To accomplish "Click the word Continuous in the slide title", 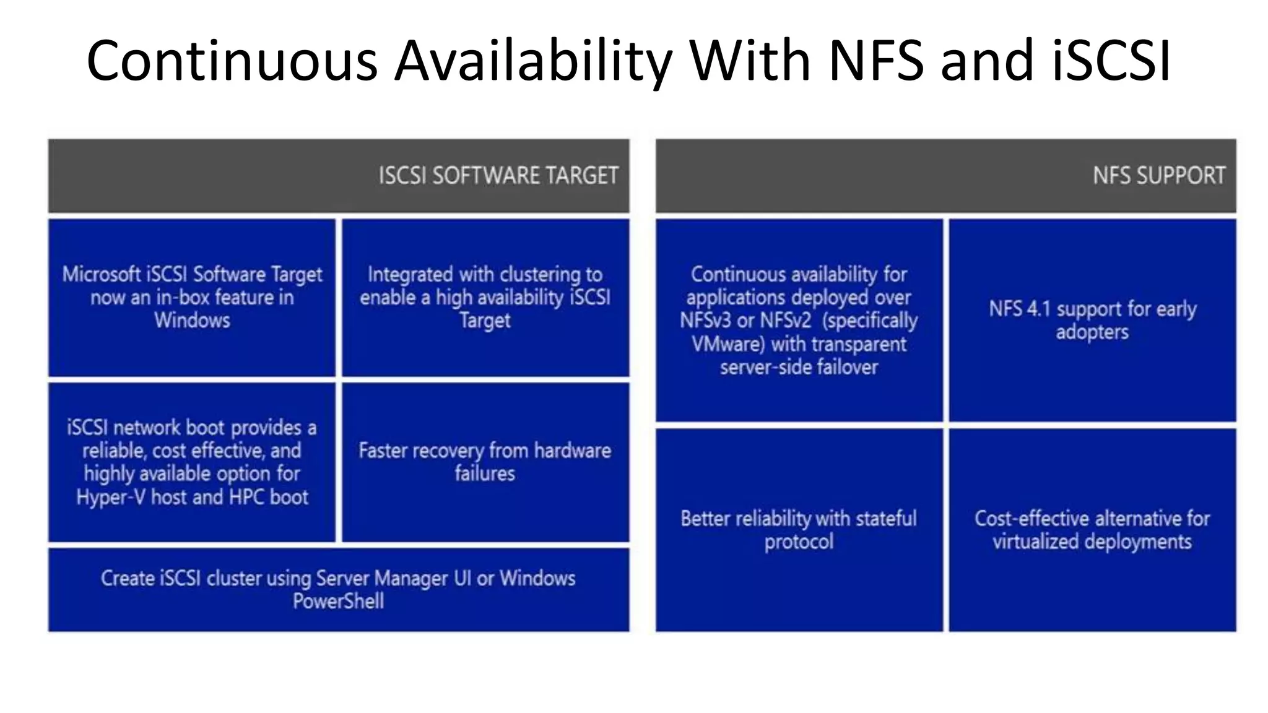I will (x=232, y=61).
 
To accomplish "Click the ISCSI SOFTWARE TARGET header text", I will (x=498, y=176).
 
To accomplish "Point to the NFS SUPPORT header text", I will (x=1159, y=176).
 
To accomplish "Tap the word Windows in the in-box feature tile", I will (x=192, y=321).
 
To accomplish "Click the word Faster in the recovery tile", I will (x=383, y=451).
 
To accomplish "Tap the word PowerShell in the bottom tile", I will (x=338, y=601).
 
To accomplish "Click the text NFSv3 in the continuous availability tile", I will (x=705, y=321).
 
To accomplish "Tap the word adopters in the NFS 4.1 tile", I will (x=1092, y=332).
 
